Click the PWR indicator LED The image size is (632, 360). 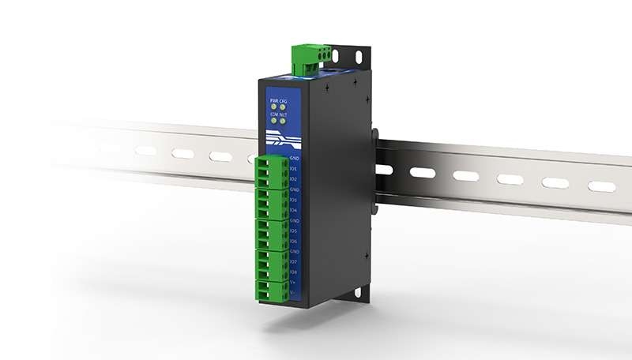[274, 108]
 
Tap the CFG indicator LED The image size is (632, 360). [283, 108]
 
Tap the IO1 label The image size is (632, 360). [293, 168]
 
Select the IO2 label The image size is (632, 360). [293, 179]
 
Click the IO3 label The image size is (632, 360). [293, 200]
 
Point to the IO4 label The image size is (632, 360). [293, 210]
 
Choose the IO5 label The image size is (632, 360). [293, 231]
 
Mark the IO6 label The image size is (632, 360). [293, 241]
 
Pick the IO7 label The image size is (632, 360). [293, 261]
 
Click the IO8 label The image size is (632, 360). [293, 272]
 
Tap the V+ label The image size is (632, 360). [293, 282]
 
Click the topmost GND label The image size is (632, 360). [293, 158]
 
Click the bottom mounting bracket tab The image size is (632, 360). [356, 293]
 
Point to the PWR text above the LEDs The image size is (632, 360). [273, 101]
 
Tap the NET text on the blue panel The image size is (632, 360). [284, 115]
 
